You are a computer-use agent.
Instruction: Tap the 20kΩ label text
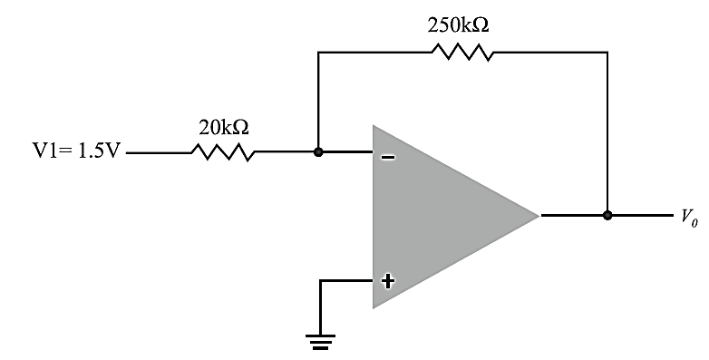click(222, 128)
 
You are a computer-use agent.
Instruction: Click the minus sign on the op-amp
click(387, 157)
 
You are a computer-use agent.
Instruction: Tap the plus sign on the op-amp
click(388, 280)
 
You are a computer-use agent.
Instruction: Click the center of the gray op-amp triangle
click(435, 217)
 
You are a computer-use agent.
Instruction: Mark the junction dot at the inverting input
click(317, 152)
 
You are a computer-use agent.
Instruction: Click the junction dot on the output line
click(607, 216)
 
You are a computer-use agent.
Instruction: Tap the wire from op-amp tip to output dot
click(573, 216)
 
